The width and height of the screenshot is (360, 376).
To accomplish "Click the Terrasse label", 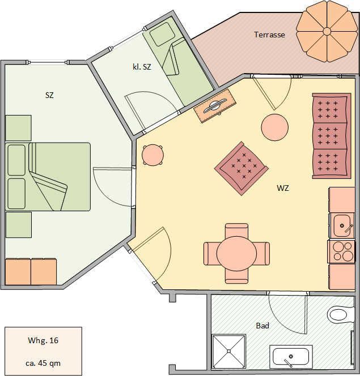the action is click(x=269, y=35).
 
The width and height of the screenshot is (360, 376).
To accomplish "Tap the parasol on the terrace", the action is click(x=327, y=31).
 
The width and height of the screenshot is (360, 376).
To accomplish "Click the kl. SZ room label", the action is click(x=142, y=67).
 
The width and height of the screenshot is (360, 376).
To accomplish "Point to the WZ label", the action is click(x=283, y=188).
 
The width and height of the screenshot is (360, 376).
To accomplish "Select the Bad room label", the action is click(x=262, y=326).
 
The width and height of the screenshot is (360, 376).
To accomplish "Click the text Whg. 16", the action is click(x=43, y=340).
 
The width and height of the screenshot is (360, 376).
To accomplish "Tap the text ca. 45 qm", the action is click(x=43, y=364).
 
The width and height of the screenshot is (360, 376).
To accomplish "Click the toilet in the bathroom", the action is click(x=340, y=315).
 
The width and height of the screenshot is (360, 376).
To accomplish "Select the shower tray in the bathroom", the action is click(x=228, y=351).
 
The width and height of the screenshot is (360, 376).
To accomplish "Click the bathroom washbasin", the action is click(x=291, y=357).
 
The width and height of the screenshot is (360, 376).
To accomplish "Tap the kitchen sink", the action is click(x=343, y=225).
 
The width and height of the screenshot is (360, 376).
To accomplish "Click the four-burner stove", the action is click(x=341, y=251).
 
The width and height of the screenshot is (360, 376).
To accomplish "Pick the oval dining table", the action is click(x=236, y=254).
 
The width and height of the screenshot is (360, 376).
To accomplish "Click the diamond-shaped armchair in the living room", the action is click(x=242, y=168).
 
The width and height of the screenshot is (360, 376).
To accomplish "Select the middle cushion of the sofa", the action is click(x=330, y=136).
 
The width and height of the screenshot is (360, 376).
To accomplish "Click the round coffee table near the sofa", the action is click(x=275, y=127).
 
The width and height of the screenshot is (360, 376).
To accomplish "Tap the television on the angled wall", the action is click(x=215, y=106).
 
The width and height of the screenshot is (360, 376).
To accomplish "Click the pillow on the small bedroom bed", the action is click(x=162, y=35).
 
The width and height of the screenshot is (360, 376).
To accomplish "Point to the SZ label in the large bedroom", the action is click(x=49, y=95).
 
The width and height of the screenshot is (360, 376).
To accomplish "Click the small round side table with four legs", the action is click(x=153, y=155).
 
